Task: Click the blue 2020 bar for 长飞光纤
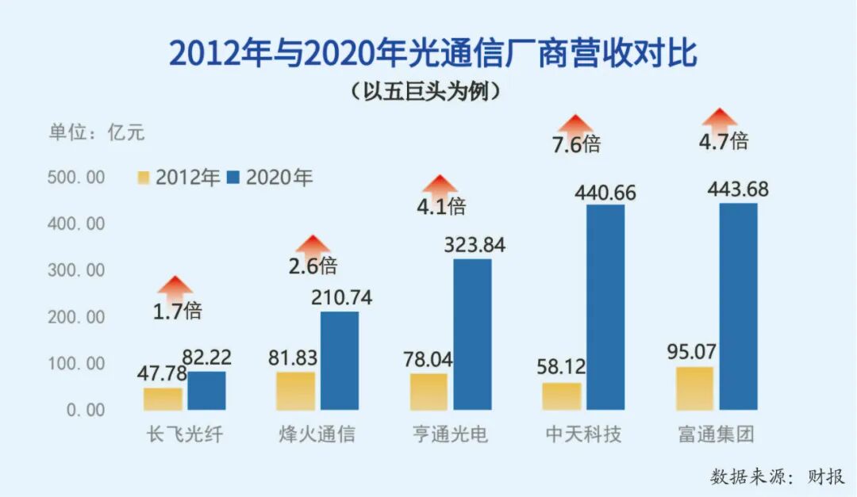tap(207, 391)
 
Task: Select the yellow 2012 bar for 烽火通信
tap(296, 391)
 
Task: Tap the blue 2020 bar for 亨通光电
tap(472, 335)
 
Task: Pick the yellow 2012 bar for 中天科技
tap(562, 396)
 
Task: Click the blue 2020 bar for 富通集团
tap(738, 307)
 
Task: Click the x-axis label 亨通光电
tap(450, 435)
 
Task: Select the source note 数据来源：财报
tap(778, 476)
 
